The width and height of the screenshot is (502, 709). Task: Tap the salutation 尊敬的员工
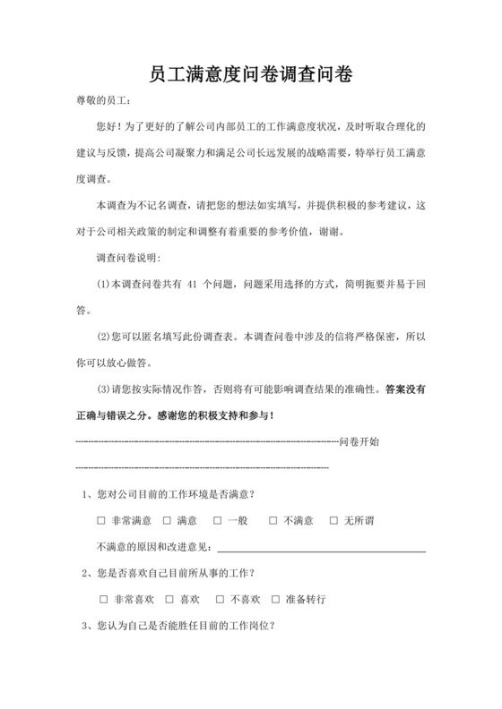click(102, 104)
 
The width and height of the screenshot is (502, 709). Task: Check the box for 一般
click(218, 520)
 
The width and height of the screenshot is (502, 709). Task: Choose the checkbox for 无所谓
click(333, 520)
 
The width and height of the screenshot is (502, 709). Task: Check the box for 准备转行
click(288, 599)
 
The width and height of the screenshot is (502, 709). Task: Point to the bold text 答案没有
click(410, 389)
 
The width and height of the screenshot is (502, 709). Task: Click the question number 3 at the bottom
click(84, 626)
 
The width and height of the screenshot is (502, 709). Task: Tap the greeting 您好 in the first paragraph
click(106, 128)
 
